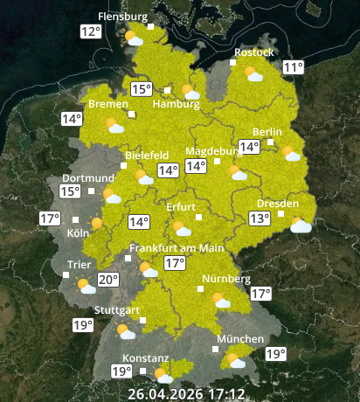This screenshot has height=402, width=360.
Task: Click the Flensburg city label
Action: click(x=123, y=16)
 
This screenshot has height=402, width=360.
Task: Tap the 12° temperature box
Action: click(x=90, y=32)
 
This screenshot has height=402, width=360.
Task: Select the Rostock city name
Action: click(x=253, y=52)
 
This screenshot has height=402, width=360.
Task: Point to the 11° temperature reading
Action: click(x=293, y=67)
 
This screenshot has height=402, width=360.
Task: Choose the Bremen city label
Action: click(x=107, y=104)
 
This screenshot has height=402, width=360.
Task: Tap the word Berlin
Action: click(x=267, y=132)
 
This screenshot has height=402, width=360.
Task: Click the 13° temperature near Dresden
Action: click(x=260, y=218)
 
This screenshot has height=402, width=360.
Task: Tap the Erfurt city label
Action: click(x=182, y=207)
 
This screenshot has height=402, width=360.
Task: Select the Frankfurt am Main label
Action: click(x=176, y=248)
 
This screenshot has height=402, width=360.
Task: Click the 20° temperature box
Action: click(x=107, y=281)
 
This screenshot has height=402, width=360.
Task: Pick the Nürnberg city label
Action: click(x=226, y=279)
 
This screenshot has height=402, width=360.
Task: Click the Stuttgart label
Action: click(x=117, y=310)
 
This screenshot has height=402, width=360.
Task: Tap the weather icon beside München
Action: click(x=234, y=359)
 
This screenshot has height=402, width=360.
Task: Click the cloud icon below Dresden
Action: click(x=301, y=225)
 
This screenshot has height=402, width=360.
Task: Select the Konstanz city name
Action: click(x=145, y=358)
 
